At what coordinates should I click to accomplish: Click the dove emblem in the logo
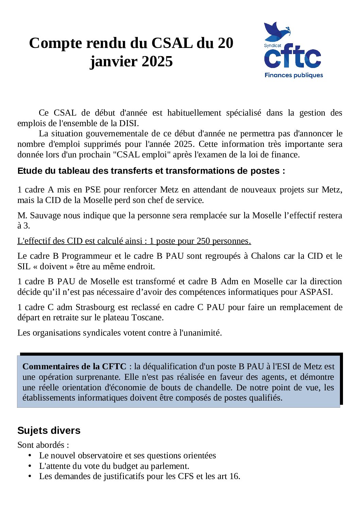[276, 31]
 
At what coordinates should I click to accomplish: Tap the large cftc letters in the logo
[293, 58]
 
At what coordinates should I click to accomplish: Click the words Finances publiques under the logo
[294, 75]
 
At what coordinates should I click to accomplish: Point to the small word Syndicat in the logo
[273, 46]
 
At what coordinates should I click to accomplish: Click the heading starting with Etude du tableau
[151, 171]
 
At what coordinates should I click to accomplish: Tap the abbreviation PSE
[93, 190]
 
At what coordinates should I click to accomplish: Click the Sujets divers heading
[49, 430]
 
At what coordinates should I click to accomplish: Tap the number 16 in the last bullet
[234, 476]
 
